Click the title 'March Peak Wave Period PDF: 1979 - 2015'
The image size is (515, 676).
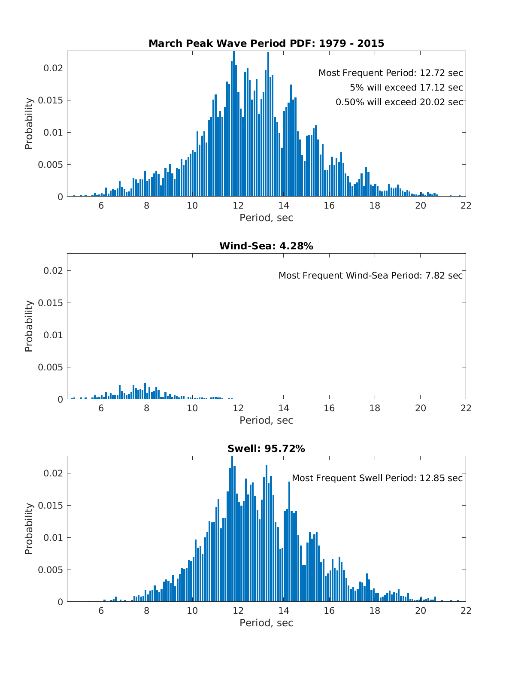[x=266, y=43]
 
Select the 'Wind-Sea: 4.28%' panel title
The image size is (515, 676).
[x=266, y=246]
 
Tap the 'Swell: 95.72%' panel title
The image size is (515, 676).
[x=266, y=449]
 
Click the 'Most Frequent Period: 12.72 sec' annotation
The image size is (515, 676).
[x=391, y=73]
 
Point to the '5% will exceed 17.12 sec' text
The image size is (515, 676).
[x=406, y=88]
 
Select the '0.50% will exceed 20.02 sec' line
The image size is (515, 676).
[x=399, y=102]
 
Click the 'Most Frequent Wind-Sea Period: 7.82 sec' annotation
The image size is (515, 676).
[x=371, y=276]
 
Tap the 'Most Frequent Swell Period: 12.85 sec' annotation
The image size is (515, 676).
[x=377, y=478]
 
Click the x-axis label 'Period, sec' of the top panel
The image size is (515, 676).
[x=266, y=218]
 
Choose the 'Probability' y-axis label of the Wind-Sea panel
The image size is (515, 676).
[x=29, y=327]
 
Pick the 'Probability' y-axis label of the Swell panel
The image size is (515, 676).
[x=29, y=529]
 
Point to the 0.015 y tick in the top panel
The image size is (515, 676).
[x=50, y=100]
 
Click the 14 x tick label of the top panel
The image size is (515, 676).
[x=284, y=206]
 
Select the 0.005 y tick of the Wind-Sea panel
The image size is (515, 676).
[x=50, y=367]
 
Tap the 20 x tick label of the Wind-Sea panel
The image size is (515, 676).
[x=421, y=408]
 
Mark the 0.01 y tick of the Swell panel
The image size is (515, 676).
[x=53, y=538]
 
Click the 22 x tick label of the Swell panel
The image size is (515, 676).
[x=466, y=611]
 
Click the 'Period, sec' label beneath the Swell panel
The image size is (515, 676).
[x=266, y=623]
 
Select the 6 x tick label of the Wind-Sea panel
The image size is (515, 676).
[x=101, y=408]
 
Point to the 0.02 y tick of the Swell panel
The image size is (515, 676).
[x=53, y=473]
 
